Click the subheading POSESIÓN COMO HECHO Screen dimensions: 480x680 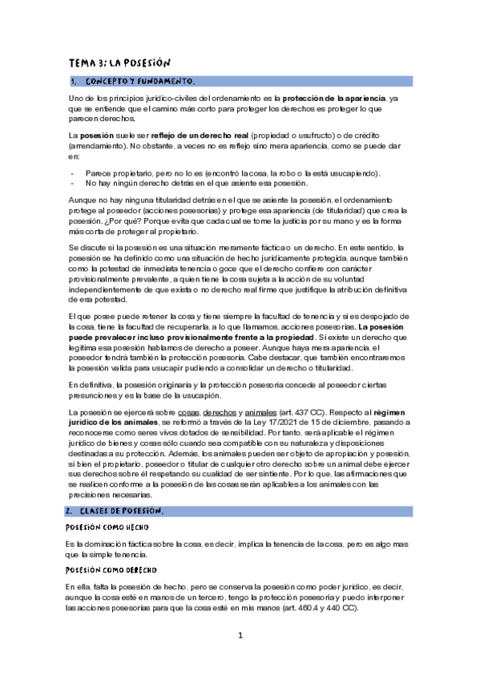pyautogui.click(x=103, y=528)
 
